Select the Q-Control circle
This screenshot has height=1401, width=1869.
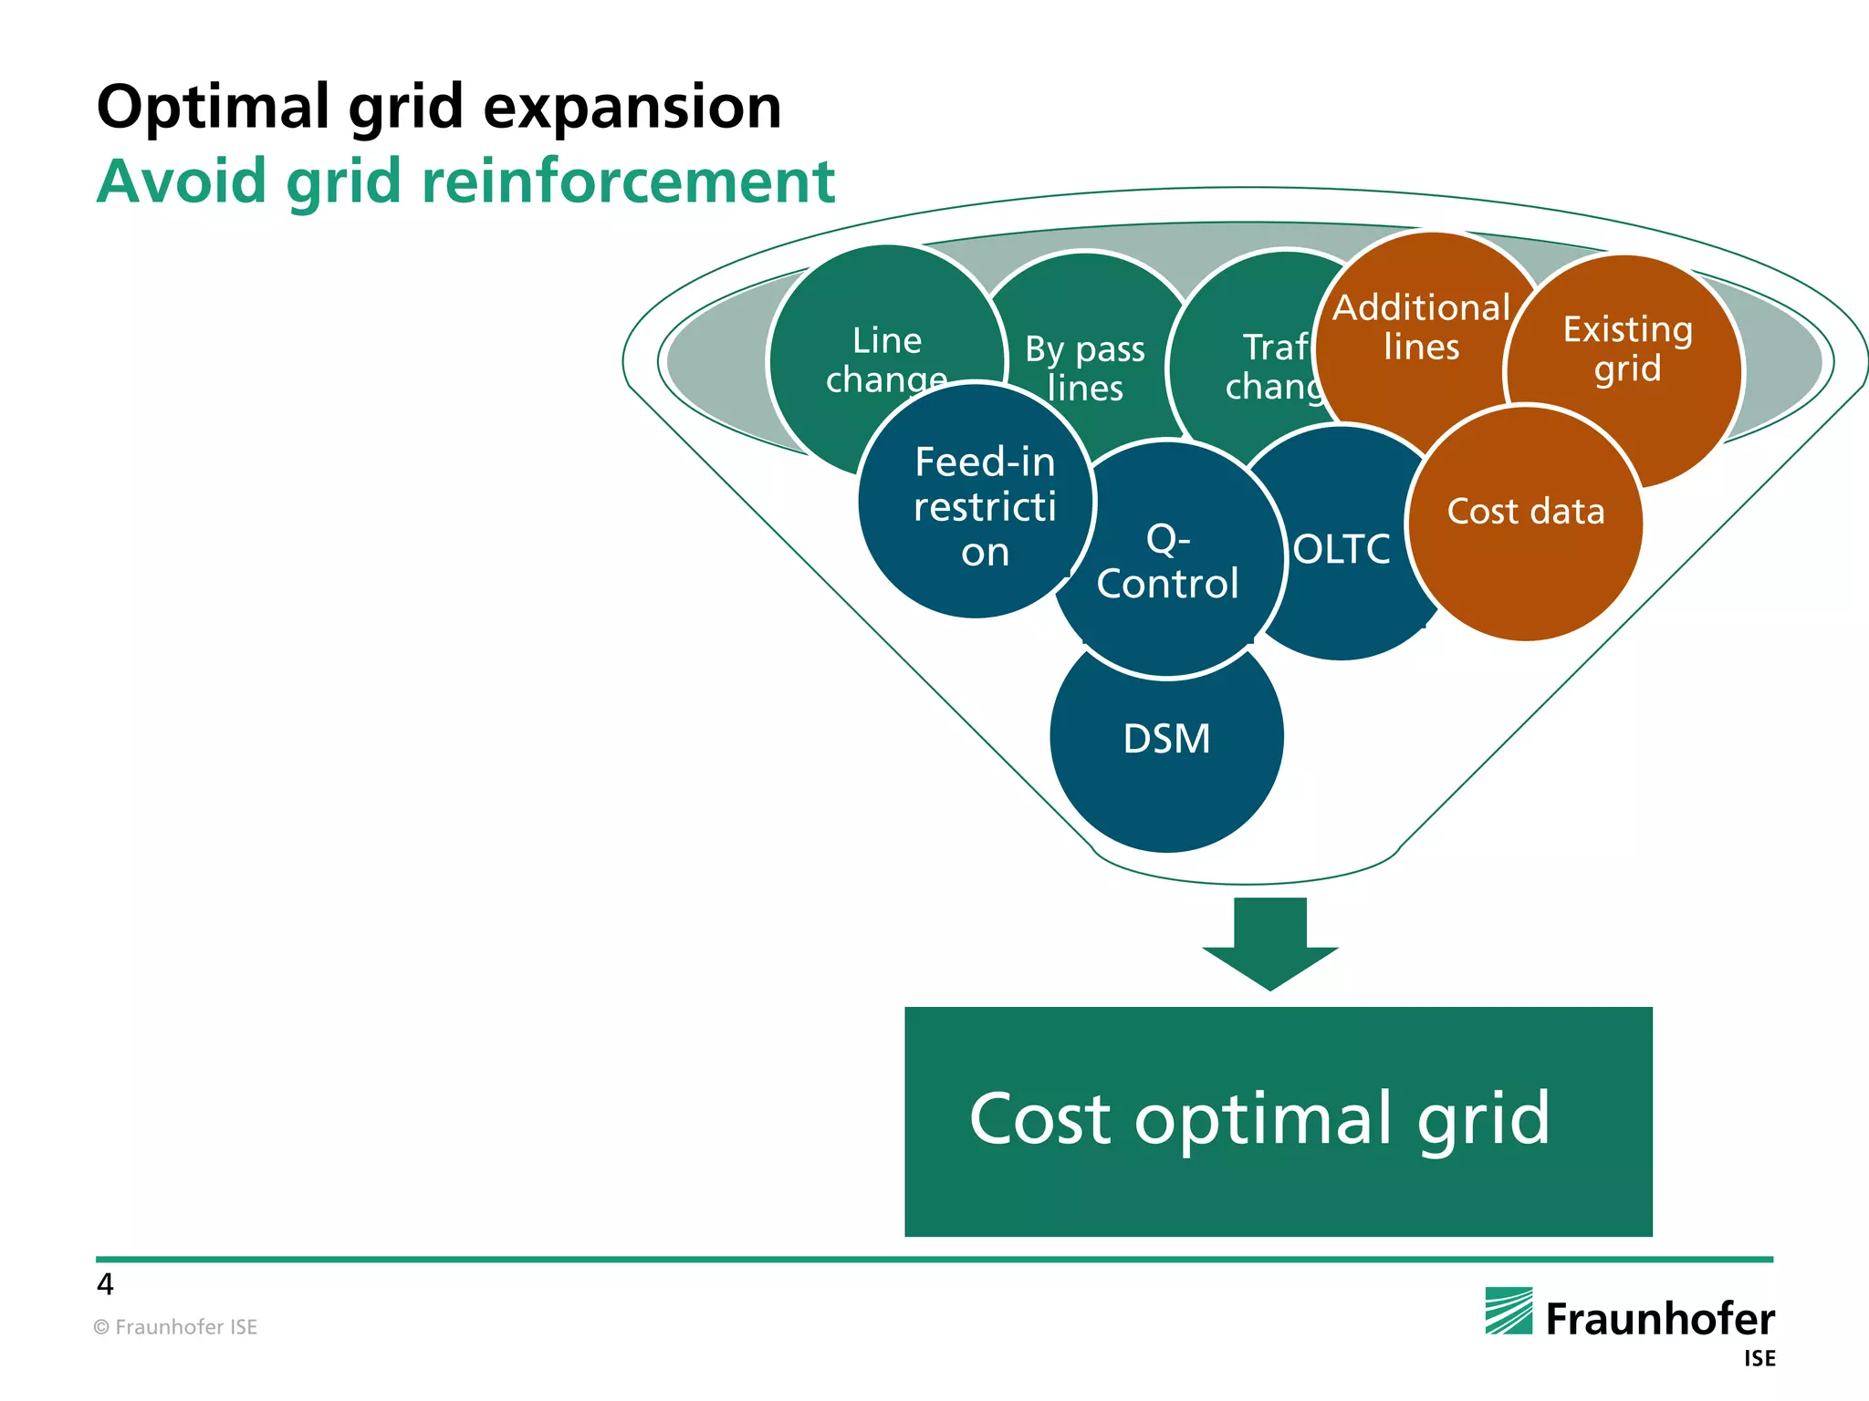[x=1167, y=562]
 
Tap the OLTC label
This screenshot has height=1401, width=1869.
[x=1342, y=549]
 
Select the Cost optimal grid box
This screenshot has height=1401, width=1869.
[x=1278, y=1121]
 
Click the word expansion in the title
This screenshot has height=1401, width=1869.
[x=632, y=108]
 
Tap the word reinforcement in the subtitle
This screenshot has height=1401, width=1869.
[x=628, y=182]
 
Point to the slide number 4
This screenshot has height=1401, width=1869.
[x=105, y=1284]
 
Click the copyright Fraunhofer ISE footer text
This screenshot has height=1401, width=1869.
[x=175, y=1327]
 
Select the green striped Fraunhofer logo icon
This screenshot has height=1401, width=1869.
[x=1509, y=1311]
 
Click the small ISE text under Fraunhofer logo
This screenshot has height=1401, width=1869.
[x=1759, y=1359]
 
